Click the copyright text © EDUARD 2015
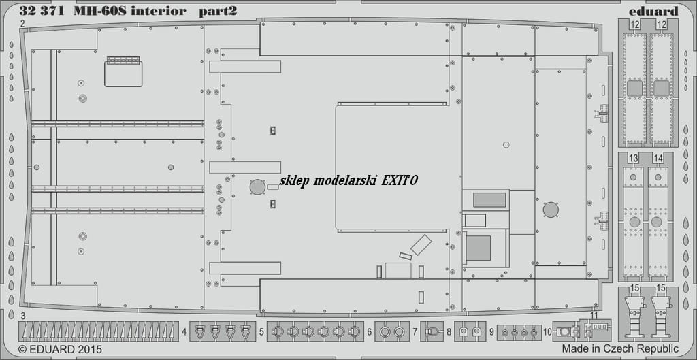(x=61, y=349)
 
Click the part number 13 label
(x=634, y=158)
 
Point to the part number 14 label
(x=658, y=158)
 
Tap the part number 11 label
(x=594, y=316)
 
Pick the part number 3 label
(x=22, y=316)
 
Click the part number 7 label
(x=415, y=331)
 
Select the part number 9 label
(x=491, y=331)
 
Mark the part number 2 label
(x=22, y=24)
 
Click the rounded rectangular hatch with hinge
(x=123, y=72)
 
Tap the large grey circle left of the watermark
(x=257, y=187)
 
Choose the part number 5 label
(x=262, y=331)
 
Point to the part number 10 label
(x=547, y=331)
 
